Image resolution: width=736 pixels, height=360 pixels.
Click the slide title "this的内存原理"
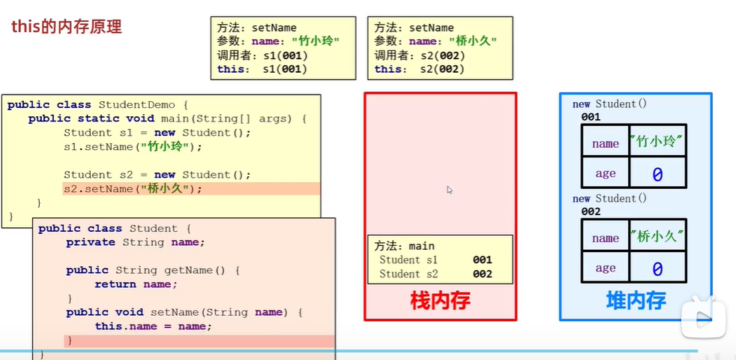(66, 27)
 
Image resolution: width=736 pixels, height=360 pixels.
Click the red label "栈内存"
(440, 300)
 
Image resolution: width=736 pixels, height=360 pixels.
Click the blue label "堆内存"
(636, 300)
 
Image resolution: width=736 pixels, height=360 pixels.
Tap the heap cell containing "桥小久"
(657, 237)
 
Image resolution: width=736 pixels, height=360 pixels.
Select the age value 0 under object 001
(657, 174)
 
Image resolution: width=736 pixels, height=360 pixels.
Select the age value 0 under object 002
(657, 268)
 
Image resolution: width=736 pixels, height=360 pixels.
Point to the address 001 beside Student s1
(482, 259)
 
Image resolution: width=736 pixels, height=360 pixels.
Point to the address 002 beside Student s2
(482, 274)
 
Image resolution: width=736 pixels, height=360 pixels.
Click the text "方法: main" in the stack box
(404, 245)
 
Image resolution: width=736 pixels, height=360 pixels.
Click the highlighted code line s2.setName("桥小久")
(133, 189)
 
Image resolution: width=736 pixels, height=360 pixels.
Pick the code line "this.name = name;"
(153, 326)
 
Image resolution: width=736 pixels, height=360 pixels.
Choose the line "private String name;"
(135, 242)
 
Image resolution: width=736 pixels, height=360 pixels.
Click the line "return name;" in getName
(136, 284)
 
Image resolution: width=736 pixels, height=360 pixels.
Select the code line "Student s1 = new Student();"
(157, 133)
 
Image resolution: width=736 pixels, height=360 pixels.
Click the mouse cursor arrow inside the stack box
(449, 190)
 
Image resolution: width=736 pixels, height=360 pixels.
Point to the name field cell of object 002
(606, 238)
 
